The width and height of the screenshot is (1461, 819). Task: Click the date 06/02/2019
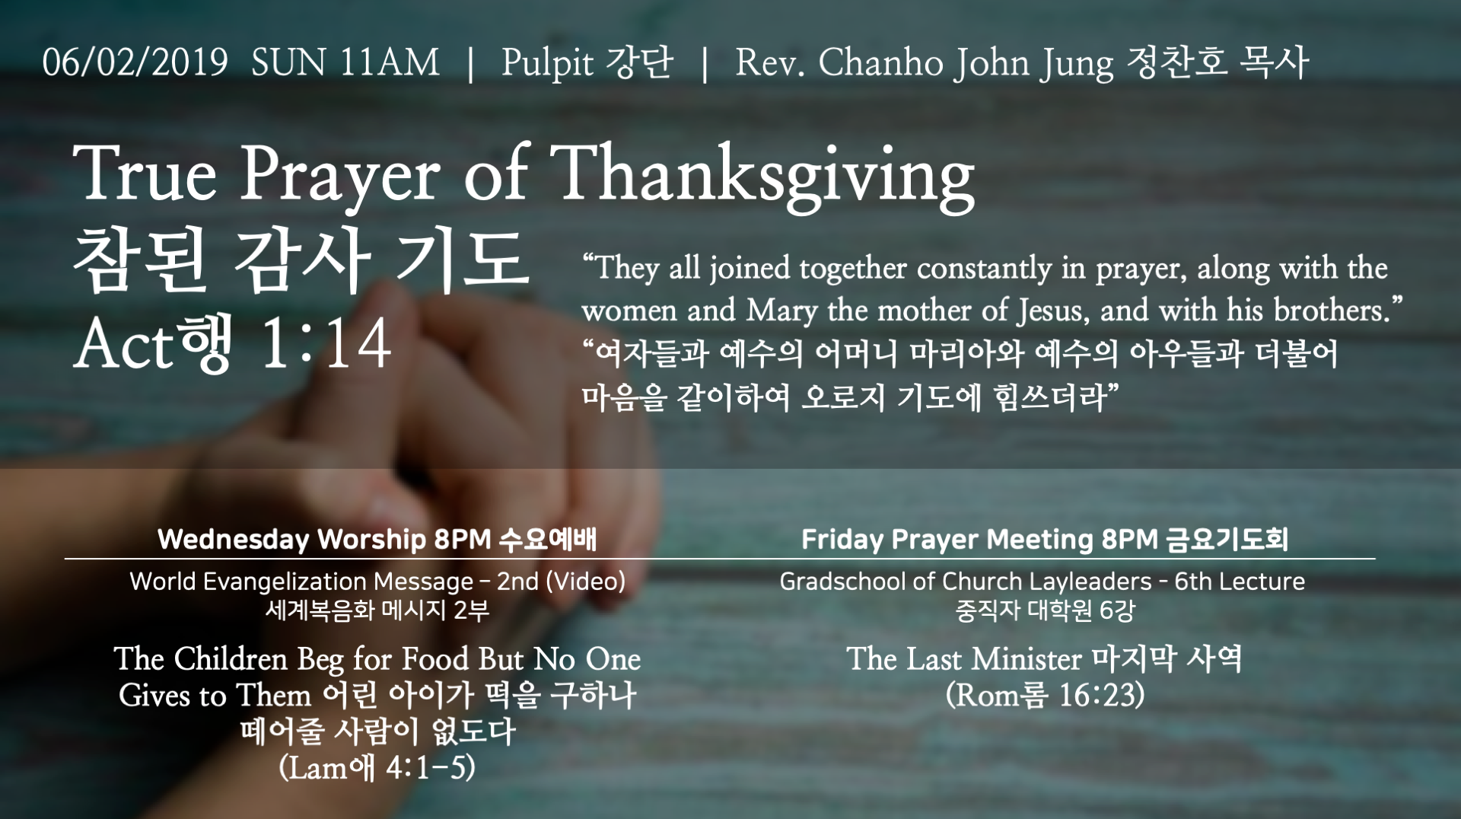click(x=135, y=62)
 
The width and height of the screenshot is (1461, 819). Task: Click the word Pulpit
click(x=547, y=63)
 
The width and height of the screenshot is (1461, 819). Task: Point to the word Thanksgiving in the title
click(x=762, y=180)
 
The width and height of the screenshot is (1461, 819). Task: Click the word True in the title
click(x=145, y=174)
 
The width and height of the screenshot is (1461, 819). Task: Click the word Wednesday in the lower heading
click(x=233, y=540)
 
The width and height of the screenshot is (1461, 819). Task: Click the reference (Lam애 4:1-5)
click(x=377, y=767)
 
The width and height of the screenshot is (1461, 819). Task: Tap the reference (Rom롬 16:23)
click(x=1045, y=695)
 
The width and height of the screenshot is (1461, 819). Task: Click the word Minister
click(x=1027, y=659)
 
